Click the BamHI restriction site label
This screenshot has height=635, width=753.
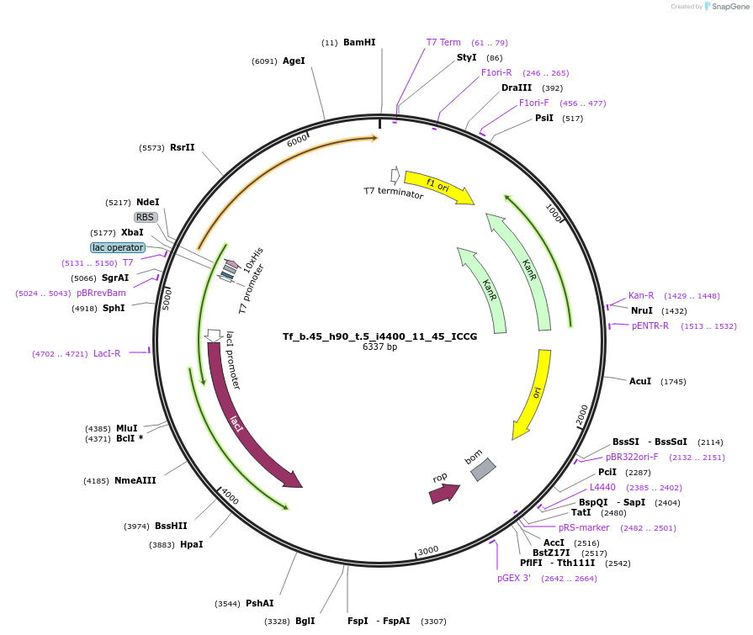pyautogui.click(x=359, y=42)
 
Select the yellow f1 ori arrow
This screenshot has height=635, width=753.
pyautogui.click(x=438, y=187)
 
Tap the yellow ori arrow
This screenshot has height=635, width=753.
pyautogui.click(x=534, y=394)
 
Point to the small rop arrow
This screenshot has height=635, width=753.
pyautogui.click(x=444, y=494)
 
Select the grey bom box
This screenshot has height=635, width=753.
pyautogui.click(x=483, y=469)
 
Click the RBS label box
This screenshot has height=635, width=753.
pyautogui.click(x=145, y=218)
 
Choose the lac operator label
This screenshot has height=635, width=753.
pyautogui.click(x=118, y=247)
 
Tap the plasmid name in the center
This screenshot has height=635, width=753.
pyautogui.click(x=379, y=336)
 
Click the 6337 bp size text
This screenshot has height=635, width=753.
pyautogui.click(x=379, y=347)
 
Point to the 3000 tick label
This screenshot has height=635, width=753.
pyautogui.click(x=428, y=550)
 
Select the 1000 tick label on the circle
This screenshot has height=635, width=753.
pyautogui.click(x=554, y=213)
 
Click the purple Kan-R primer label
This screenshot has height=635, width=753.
pyautogui.click(x=641, y=296)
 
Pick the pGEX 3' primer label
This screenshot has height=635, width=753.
pyautogui.click(x=514, y=579)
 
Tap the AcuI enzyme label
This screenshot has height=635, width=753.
pyautogui.click(x=640, y=381)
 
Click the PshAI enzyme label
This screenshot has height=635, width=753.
pyautogui.click(x=259, y=603)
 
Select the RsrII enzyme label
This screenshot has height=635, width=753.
pyautogui.click(x=182, y=147)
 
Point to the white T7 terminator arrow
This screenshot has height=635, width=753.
pyautogui.click(x=395, y=176)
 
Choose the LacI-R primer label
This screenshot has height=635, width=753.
pyautogui.click(x=107, y=354)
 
